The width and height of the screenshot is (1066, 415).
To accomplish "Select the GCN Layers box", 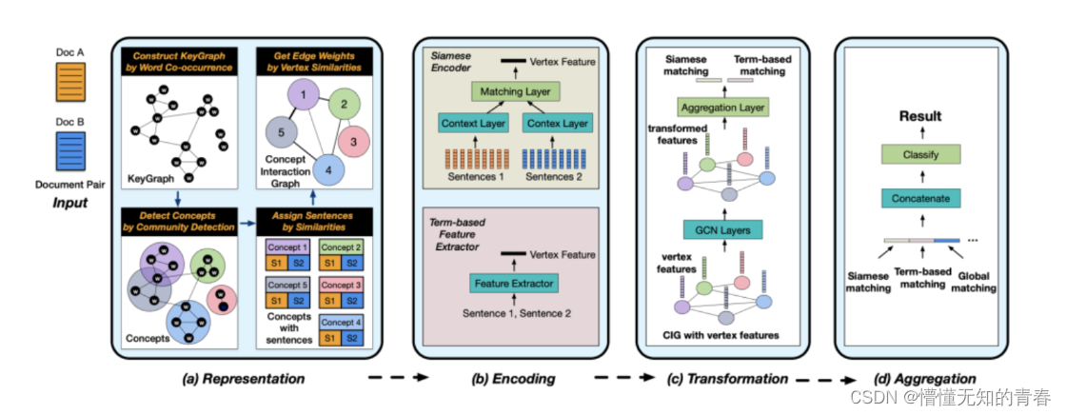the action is tap(722, 230).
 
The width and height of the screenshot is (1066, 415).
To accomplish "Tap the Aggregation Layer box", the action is tap(722, 107).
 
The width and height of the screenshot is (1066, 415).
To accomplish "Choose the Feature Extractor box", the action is tap(513, 283).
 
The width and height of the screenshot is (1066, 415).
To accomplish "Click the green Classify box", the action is tap(921, 154).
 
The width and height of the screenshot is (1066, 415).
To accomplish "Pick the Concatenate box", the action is tap(921, 198).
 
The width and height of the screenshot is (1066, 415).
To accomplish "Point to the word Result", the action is tap(921, 116).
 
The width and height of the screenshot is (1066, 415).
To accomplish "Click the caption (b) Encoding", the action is tap(513, 379).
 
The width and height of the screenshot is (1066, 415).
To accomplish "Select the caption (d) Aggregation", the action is tap(924, 379).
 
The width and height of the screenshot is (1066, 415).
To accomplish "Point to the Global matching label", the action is tap(977, 283).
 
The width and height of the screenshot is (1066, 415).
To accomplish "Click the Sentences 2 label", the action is tap(556, 177).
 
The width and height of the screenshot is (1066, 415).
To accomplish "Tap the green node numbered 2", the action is tap(344, 104).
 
